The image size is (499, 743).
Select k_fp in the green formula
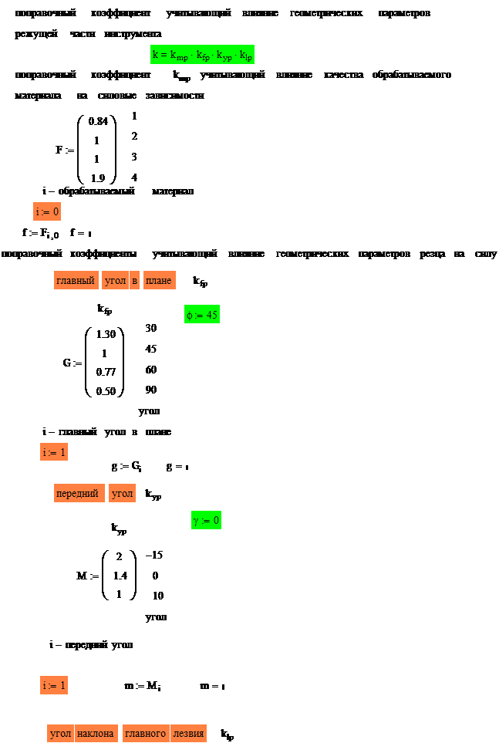click(200, 56)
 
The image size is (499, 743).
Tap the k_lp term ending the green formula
click(246, 56)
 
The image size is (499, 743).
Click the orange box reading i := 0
click(47, 211)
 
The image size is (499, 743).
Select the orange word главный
click(76, 280)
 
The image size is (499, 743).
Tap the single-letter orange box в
click(134, 280)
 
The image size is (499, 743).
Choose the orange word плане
click(158, 280)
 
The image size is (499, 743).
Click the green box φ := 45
click(203, 315)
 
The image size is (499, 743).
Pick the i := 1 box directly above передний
click(54, 452)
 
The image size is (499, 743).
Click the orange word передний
click(78, 493)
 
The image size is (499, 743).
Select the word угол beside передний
click(122, 493)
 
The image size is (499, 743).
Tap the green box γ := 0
click(206, 521)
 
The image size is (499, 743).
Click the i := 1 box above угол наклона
click(54, 685)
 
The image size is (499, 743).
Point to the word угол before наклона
click(60, 733)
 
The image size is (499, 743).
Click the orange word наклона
click(96, 733)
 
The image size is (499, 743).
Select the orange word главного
click(146, 733)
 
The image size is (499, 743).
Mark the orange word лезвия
click(188, 733)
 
